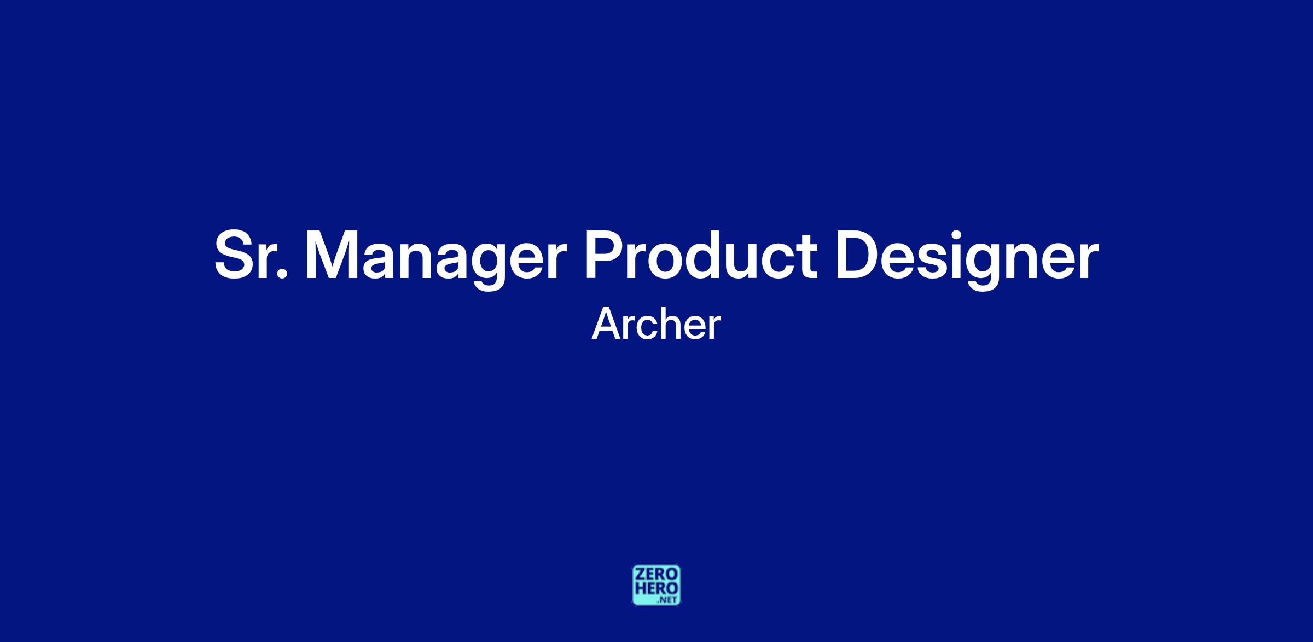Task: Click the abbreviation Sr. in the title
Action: pyautogui.click(x=251, y=255)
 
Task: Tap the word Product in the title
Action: pyautogui.click(x=700, y=255)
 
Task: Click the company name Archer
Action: pyautogui.click(x=656, y=325)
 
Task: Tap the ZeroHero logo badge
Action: pyautogui.click(x=656, y=585)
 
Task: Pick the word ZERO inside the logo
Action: pyautogui.click(x=656, y=575)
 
